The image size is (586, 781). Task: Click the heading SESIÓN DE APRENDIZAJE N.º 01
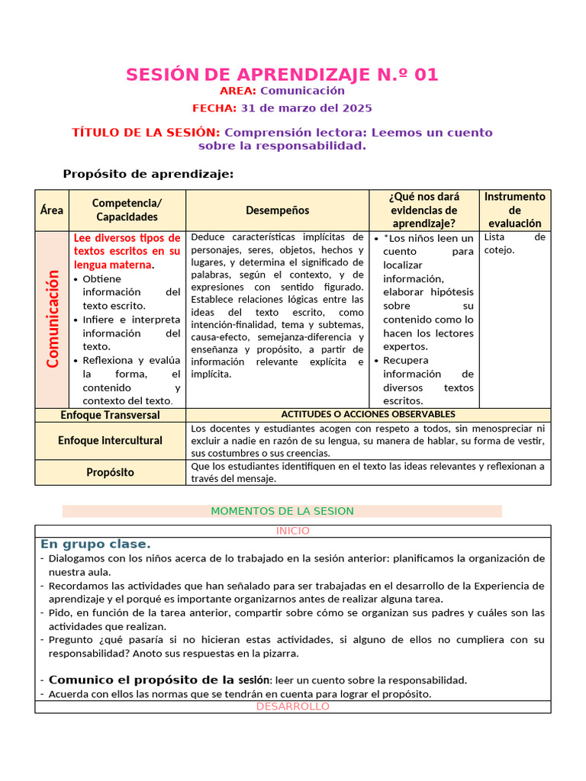(x=282, y=75)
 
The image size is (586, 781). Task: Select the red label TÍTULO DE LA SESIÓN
(x=146, y=133)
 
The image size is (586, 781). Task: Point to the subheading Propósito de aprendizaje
(x=148, y=174)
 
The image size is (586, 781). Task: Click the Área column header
(x=52, y=210)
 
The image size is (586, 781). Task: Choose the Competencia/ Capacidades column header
(x=127, y=210)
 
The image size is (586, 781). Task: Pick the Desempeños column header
(x=277, y=210)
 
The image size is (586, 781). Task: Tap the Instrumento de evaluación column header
(x=515, y=210)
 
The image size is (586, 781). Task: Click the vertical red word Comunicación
(x=53, y=320)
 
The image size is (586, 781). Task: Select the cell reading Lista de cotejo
(x=515, y=243)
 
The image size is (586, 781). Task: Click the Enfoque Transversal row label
(x=110, y=415)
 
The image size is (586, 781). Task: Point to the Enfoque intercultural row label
(x=110, y=441)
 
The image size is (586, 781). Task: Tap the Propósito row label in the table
(x=110, y=473)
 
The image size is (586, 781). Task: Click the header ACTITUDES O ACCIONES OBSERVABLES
(x=369, y=414)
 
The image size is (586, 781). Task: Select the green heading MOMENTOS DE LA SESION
(x=282, y=511)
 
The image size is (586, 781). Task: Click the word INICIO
(x=293, y=531)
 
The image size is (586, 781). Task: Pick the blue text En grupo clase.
(x=95, y=545)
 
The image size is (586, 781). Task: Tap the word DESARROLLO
(x=293, y=707)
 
